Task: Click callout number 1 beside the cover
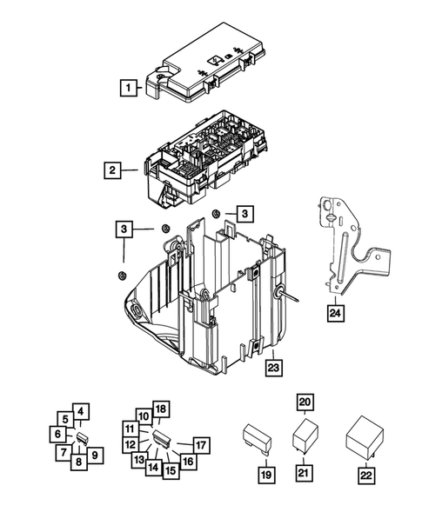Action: coord(129,87)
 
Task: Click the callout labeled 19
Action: coord(265,475)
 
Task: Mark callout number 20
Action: coord(304,402)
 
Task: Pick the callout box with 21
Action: coord(304,472)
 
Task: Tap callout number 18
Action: coord(159,409)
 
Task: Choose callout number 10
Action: coord(144,417)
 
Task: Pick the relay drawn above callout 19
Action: coord(259,439)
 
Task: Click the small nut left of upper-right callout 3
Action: coord(215,215)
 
